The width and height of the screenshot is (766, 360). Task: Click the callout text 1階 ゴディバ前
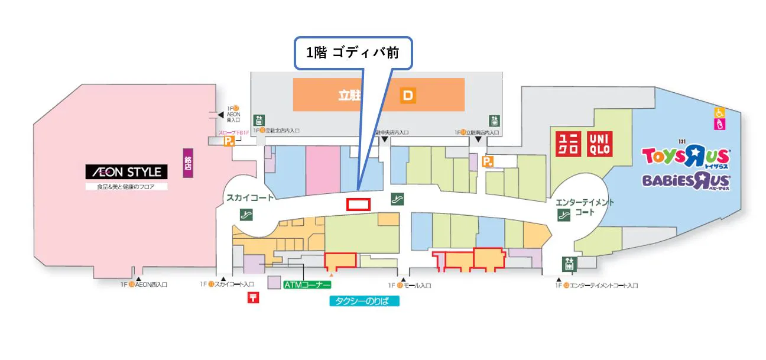[352, 53]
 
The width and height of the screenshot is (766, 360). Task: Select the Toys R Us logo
[686, 157]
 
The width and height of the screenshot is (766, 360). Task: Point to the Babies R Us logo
[686, 180]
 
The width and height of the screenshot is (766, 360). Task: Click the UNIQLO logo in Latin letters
[599, 144]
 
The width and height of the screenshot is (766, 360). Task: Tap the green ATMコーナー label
[307, 284]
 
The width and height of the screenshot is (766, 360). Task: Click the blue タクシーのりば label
[364, 301]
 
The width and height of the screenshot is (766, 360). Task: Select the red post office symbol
[253, 297]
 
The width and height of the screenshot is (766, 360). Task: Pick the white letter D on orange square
[407, 95]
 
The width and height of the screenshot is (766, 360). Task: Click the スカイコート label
[249, 198]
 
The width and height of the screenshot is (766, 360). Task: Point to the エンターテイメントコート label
[585, 207]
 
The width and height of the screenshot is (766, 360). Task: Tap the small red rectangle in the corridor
[358, 205]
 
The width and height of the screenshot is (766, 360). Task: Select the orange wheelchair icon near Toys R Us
[720, 112]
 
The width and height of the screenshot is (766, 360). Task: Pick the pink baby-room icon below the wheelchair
[720, 124]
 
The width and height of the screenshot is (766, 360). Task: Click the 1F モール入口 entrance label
[414, 286]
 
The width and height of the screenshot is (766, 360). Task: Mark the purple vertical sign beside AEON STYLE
[189, 164]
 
